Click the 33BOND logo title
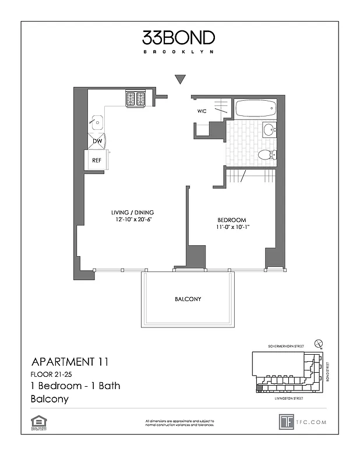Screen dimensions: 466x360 coord(178,38)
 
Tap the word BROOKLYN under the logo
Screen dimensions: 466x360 coord(178,52)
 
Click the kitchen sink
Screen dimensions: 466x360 coord(97,123)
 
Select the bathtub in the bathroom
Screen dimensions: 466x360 coord(255,108)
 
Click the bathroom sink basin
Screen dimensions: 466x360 coord(269,129)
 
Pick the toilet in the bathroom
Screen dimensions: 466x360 coord(267,155)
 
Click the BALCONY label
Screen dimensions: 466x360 coord(188,299)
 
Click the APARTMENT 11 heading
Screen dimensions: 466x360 coord(69,362)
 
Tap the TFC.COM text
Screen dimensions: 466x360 coord(312,422)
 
